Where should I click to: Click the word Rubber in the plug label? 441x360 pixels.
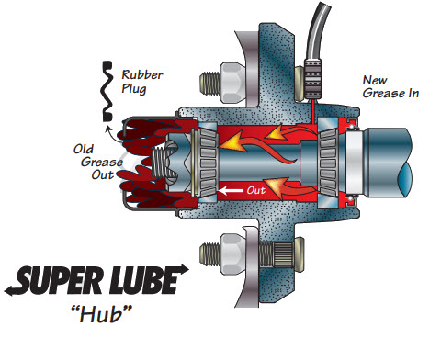tap(142, 75)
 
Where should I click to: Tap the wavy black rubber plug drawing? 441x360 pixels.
tap(107, 91)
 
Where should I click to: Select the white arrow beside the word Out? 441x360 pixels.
tap(231, 190)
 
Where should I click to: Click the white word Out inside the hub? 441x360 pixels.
tap(256, 190)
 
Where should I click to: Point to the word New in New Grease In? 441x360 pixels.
tap(375, 81)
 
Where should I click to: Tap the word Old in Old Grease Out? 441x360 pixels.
tap(84, 150)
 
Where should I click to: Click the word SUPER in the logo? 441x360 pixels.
tap(61, 280)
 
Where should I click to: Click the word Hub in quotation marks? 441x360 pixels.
tap(102, 314)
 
